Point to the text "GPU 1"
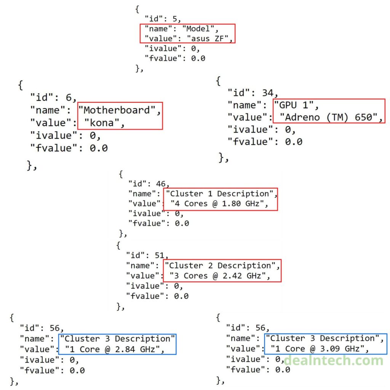296,105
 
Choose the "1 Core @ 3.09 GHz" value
318,349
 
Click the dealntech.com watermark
333,360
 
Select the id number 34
269,93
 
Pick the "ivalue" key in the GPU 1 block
251,129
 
